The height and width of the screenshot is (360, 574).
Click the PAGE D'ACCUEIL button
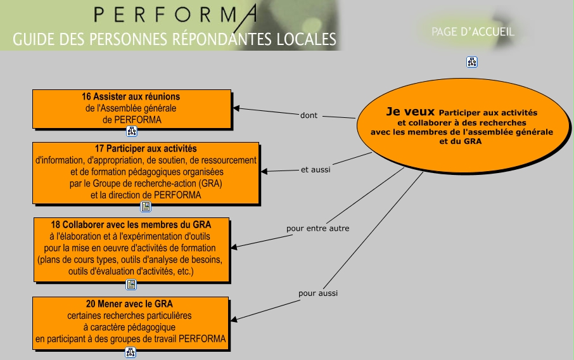tap(473, 32)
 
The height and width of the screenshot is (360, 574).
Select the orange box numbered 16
tap(132, 108)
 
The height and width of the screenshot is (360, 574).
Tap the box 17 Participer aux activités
tap(146, 172)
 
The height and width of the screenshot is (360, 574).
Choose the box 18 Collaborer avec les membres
tap(131, 248)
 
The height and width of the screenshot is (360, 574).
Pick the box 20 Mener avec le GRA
tap(131, 321)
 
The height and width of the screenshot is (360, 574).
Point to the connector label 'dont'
tap(309, 115)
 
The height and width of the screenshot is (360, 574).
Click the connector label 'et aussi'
tap(316, 169)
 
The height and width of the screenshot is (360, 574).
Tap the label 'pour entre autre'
tap(317, 228)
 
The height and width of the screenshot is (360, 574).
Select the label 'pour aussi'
tap(318, 293)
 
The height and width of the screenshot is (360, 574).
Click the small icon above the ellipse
tap(472, 62)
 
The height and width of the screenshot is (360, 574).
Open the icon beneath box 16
tap(132, 131)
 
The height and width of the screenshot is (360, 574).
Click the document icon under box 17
tap(146, 207)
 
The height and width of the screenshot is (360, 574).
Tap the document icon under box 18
tap(131, 285)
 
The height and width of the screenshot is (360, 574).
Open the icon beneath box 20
tap(131, 352)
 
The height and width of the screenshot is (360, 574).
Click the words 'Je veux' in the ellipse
tap(411, 112)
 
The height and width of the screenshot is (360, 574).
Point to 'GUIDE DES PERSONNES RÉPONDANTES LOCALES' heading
tap(174, 39)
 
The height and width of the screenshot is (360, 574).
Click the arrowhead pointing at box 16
tap(236, 108)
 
